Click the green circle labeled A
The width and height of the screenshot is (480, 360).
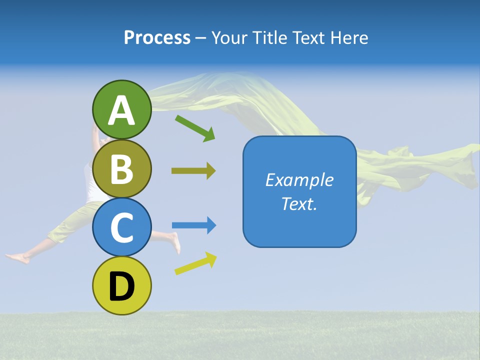point(121,110)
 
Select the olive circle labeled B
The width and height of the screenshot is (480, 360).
point(121,168)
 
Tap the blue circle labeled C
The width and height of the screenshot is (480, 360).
point(121,227)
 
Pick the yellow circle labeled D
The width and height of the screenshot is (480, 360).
point(121,286)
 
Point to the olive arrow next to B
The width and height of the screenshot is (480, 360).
point(193,171)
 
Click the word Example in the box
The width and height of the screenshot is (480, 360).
point(299,180)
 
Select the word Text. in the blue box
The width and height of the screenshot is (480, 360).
point(299,203)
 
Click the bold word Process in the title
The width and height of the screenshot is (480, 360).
point(157,38)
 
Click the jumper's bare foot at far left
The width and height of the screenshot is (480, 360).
point(17,258)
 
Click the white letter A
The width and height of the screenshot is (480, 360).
point(121,110)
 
